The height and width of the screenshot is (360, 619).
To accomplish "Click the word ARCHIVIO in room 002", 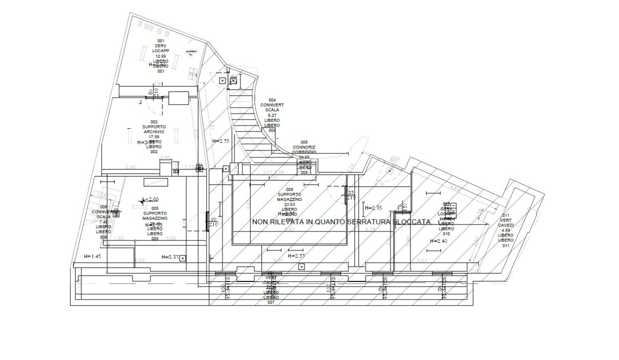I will click(153, 132).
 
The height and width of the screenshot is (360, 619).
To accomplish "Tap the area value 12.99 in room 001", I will click(160, 56).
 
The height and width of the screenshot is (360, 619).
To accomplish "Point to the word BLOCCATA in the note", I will click(412, 221).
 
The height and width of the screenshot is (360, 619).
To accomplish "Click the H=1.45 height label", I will click(93, 256).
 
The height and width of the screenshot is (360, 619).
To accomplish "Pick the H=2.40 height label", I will click(438, 240).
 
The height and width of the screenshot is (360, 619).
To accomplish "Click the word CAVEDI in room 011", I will click(506, 225).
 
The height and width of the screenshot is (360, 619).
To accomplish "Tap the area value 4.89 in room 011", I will click(506, 230).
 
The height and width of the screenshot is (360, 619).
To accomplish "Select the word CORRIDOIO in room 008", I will click(304, 152).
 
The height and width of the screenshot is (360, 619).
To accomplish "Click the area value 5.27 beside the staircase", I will click(272, 115).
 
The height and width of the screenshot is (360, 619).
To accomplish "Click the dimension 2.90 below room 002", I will click(131, 166).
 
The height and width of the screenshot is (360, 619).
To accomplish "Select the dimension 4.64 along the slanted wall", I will click(454, 188).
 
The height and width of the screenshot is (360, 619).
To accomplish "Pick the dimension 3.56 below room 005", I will click(171, 238).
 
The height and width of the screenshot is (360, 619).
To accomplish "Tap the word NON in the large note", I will click(261, 221).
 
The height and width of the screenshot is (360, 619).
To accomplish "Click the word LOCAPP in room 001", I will click(160, 51).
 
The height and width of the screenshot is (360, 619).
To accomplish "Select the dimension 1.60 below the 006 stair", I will click(119, 238).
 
